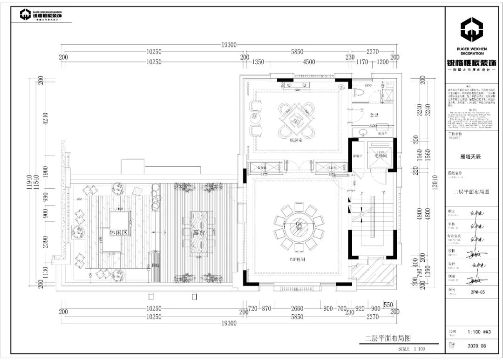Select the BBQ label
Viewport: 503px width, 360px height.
[x=156, y=265]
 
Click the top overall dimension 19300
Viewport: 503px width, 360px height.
[x=229, y=45]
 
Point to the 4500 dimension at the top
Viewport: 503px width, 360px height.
[x=309, y=62]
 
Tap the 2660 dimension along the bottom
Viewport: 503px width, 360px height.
[x=297, y=308]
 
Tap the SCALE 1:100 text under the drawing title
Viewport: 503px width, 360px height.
[x=411, y=348]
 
